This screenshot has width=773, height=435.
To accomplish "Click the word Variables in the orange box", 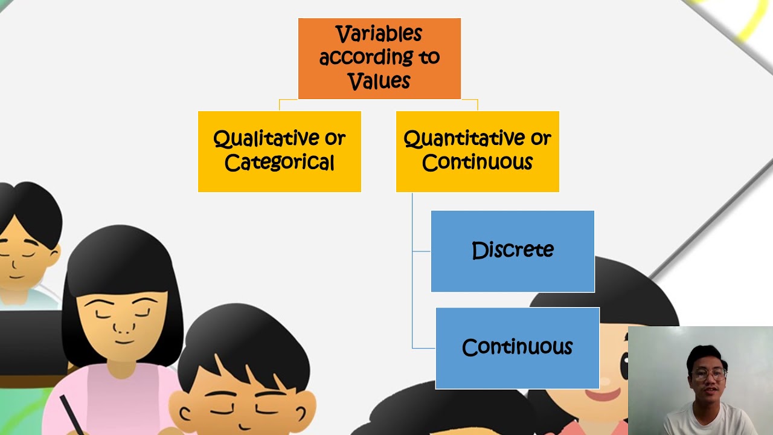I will click(x=379, y=34).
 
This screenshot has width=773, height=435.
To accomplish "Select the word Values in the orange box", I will click(x=379, y=81).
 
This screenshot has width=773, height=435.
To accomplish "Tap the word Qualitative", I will click(x=266, y=139).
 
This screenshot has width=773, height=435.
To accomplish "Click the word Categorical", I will click(x=279, y=163).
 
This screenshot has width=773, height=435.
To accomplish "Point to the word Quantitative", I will click(x=464, y=139).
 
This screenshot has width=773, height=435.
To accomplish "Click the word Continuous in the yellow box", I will click(x=477, y=163).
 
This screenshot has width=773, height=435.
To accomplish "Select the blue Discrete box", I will click(x=512, y=251).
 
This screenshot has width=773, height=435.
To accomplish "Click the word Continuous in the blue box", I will click(x=517, y=347).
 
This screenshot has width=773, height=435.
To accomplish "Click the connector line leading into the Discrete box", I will click(x=422, y=251).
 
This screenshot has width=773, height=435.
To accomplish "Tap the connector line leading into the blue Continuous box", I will click(x=423, y=348).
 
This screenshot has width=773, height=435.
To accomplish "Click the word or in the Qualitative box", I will click(x=335, y=139).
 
